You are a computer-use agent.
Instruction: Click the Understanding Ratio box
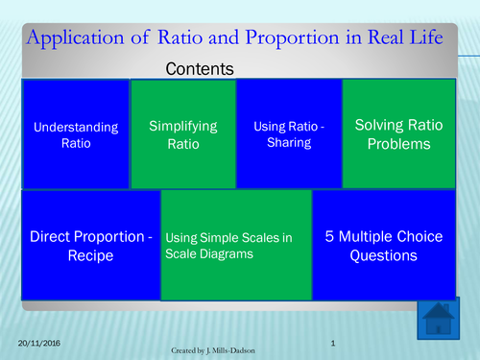click(76, 133)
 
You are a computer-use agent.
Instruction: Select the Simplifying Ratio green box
click(182, 133)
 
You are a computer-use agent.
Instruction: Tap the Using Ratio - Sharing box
click(288, 133)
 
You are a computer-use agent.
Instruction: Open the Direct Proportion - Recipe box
click(90, 245)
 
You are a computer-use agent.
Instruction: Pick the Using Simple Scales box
click(235, 245)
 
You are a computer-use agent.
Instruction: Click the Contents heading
click(201, 69)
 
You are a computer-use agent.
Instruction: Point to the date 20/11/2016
click(39, 343)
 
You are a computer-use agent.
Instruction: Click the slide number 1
click(331, 343)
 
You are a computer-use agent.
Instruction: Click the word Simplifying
click(182, 126)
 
